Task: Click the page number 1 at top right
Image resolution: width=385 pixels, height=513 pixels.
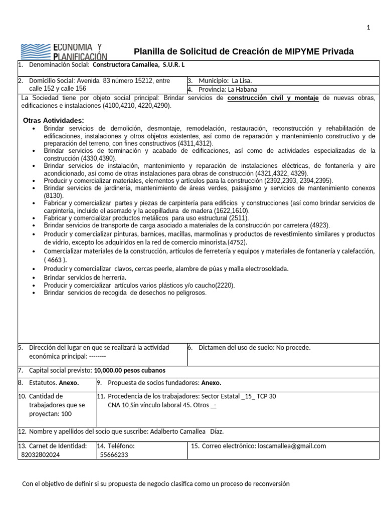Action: (368, 28)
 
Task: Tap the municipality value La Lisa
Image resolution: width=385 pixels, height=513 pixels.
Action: (239, 81)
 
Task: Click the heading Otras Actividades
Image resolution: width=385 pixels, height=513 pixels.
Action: (53, 121)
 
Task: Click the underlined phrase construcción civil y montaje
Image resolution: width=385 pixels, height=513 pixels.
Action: (273, 98)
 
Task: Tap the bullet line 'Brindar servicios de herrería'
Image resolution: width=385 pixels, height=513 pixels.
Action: (85, 277)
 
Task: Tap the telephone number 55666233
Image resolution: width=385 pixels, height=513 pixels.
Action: (114, 454)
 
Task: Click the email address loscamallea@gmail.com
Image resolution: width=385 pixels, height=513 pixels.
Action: (291, 446)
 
